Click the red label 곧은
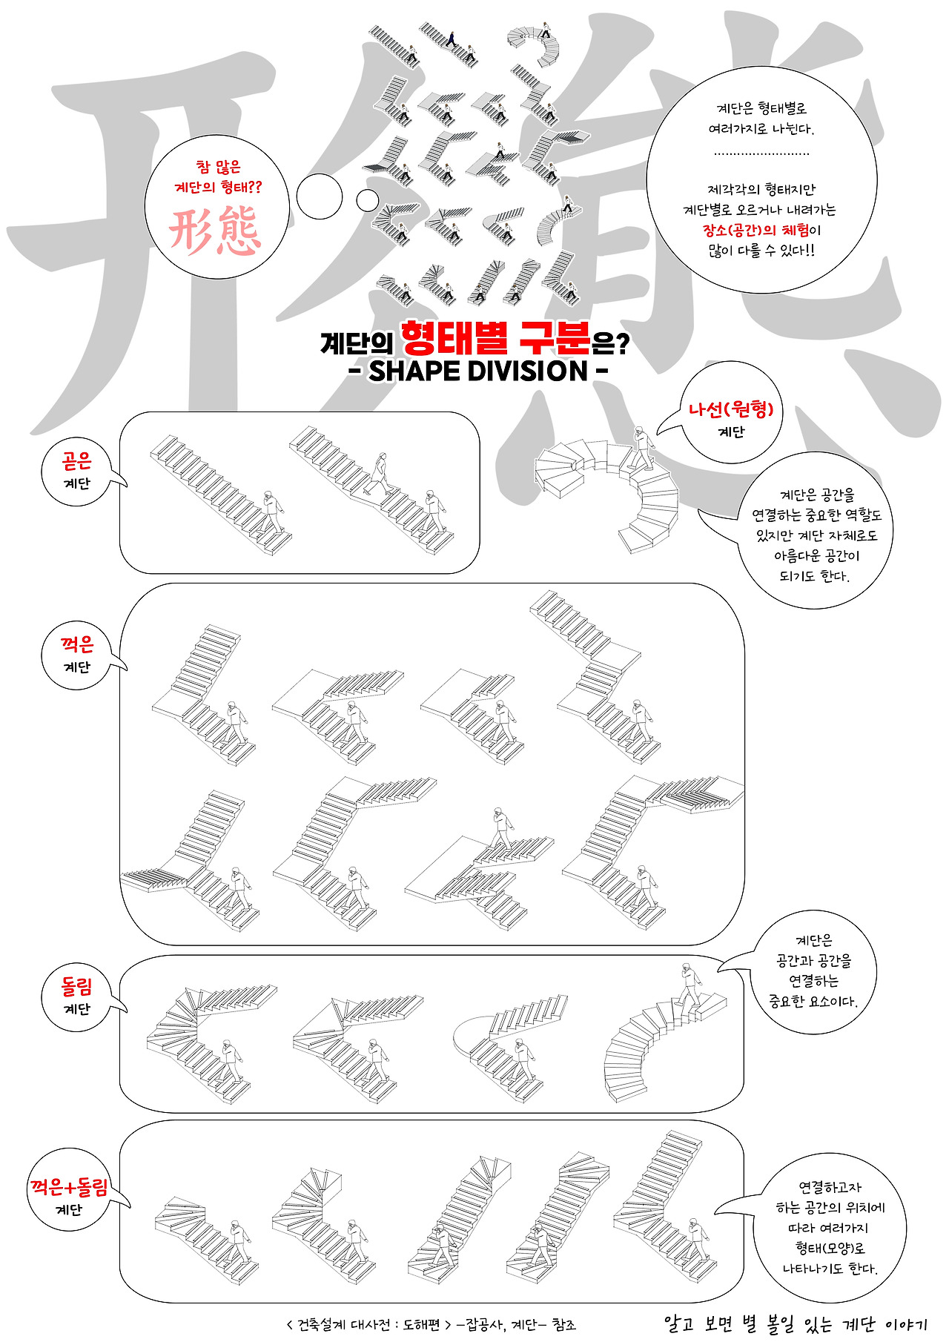point(77,461)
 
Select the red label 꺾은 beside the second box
point(77,644)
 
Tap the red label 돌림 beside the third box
point(77,987)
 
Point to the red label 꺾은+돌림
point(69,1187)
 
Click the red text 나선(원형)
point(731,409)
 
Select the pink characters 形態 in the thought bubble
point(215,231)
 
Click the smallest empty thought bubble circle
point(367,200)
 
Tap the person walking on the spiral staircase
point(642,448)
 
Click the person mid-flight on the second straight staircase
point(381,472)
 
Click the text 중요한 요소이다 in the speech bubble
point(813,1002)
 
